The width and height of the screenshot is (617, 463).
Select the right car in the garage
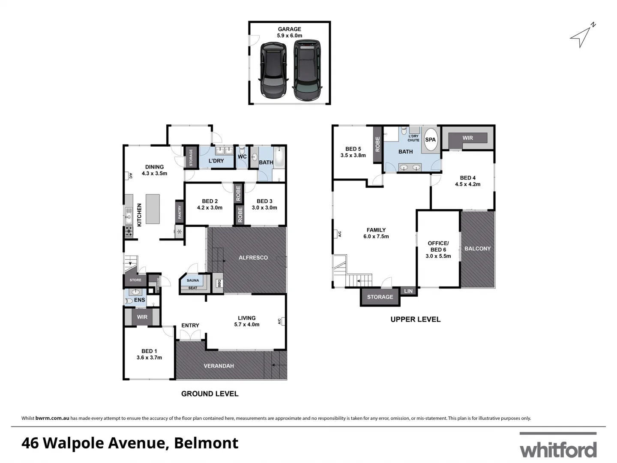(x=307, y=70)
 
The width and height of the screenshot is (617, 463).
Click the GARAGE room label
(x=289, y=29)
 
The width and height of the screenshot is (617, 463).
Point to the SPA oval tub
(x=430, y=139)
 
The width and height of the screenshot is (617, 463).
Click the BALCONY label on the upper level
(x=477, y=249)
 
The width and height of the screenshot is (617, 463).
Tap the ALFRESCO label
(x=253, y=258)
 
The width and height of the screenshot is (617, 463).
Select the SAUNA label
(x=193, y=280)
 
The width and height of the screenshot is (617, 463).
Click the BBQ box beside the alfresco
(x=219, y=283)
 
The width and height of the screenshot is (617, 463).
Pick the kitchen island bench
(x=153, y=209)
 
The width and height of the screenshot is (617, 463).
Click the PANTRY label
(x=180, y=212)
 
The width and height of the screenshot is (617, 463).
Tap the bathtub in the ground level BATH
(x=279, y=157)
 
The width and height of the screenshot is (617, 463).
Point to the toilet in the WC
(x=242, y=150)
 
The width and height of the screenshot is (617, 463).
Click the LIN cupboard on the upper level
(x=408, y=291)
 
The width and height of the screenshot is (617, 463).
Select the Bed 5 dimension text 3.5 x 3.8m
(x=353, y=156)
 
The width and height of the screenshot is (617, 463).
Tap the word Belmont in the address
(x=206, y=443)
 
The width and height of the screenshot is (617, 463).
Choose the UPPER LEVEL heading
(x=415, y=319)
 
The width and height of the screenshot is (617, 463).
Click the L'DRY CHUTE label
(x=413, y=138)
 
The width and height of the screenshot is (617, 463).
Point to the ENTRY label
(x=190, y=325)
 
